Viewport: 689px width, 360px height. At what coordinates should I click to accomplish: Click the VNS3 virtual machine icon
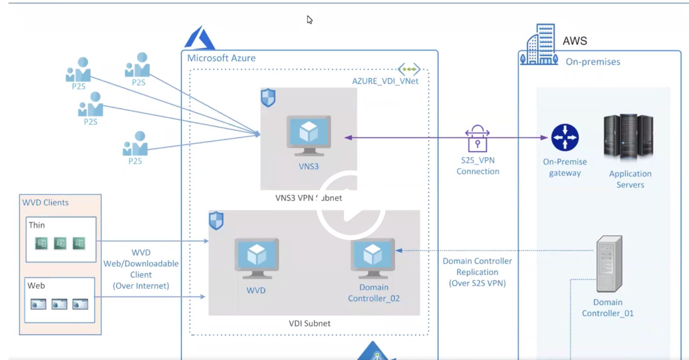tap(309, 136)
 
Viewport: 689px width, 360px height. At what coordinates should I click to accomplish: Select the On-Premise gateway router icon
tap(565, 137)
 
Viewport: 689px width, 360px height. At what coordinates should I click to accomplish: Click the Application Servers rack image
tap(628, 137)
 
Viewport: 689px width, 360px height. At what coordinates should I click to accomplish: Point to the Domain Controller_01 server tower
tap(610, 264)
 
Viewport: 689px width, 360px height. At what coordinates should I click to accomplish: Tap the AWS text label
tap(575, 41)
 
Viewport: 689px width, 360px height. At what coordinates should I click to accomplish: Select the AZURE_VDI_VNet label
tap(385, 81)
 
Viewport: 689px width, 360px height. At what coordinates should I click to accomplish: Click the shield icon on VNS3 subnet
tap(268, 98)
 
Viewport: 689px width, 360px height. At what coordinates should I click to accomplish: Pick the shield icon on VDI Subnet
tap(216, 220)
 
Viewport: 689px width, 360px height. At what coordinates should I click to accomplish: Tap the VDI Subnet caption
tap(309, 323)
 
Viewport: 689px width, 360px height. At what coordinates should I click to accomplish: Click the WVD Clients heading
tap(46, 202)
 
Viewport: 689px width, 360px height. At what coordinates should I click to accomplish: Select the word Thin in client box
tap(37, 225)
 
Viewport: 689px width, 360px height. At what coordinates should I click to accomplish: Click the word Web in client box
tap(36, 286)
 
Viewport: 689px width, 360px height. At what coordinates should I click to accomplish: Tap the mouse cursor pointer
tap(309, 20)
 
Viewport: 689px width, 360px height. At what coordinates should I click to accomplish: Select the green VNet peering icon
tap(409, 69)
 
